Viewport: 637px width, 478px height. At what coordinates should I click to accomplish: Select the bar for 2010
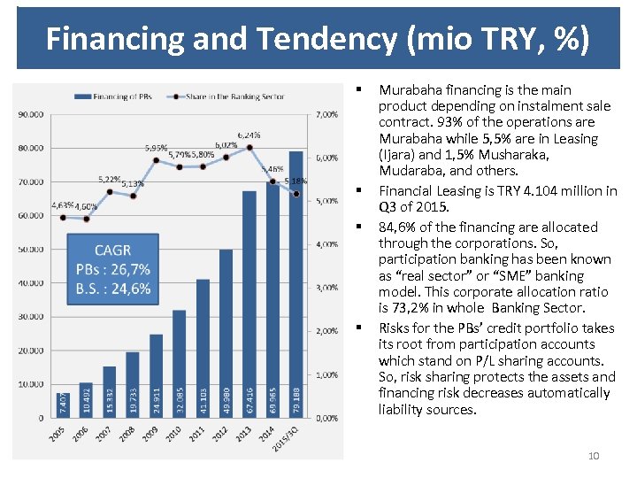[180, 363]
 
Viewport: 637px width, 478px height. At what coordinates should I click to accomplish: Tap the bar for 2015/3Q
[295, 283]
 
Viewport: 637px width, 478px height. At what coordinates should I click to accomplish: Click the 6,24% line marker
[249, 147]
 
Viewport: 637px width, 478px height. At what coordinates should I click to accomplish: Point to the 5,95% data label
[157, 148]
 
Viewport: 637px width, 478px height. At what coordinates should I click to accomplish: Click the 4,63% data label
[62, 205]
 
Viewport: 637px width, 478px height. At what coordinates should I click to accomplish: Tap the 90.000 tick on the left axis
[31, 114]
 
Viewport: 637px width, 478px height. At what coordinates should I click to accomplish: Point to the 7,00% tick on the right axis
[326, 114]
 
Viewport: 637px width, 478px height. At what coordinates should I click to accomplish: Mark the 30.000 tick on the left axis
[31, 317]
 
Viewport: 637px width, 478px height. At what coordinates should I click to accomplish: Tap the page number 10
[594, 456]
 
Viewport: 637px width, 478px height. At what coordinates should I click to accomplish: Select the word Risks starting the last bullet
[395, 328]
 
